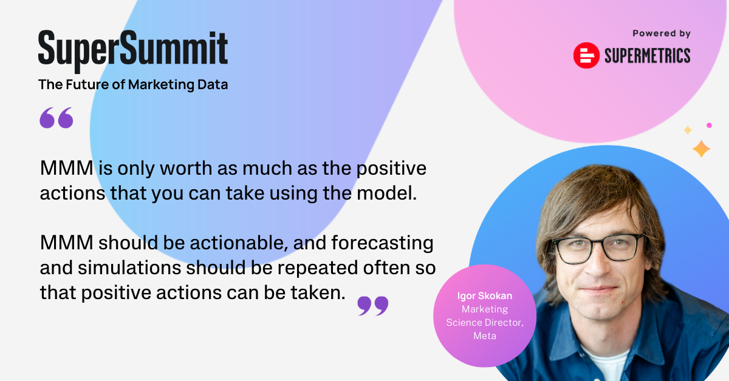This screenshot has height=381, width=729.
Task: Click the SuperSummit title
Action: tap(133, 50)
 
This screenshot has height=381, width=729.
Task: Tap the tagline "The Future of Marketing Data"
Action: tap(133, 85)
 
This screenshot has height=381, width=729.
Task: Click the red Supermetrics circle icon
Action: tap(586, 55)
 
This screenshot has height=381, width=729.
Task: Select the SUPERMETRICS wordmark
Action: tap(648, 56)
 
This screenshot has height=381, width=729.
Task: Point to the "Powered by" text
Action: tap(662, 33)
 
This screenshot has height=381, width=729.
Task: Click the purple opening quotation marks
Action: tap(56, 118)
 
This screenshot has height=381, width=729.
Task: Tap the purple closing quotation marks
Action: tap(372, 306)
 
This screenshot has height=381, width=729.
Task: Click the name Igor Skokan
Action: tap(485, 296)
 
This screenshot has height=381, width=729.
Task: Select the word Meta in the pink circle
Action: tap(485, 336)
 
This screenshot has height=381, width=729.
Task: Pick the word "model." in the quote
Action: tap(387, 193)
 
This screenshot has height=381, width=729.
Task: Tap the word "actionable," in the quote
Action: tap(239, 243)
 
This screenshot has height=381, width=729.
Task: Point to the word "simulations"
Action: tap(129, 268)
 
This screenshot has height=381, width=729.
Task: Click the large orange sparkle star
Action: tap(701, 149)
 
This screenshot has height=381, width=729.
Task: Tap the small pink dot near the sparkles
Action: tap(709, 126)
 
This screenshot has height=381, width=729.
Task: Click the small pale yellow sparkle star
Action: tap(688, 130)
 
